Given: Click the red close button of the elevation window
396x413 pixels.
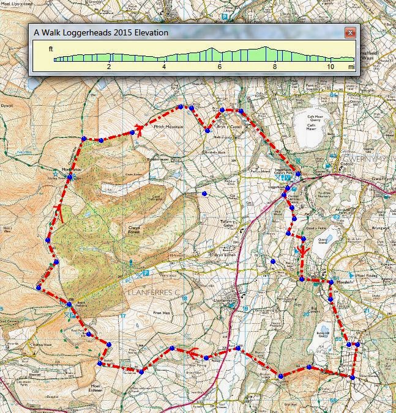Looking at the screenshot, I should [x=350, y=32].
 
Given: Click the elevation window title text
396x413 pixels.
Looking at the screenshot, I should [x=101, y=32].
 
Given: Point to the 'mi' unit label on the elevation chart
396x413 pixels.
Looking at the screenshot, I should [x=351, y=67].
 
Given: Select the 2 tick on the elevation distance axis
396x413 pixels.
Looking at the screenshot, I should [x=109, y=67].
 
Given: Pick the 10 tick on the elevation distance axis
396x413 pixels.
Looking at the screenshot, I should [x=331, y=67].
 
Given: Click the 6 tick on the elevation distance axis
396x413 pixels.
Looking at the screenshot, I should [x=220, y=67].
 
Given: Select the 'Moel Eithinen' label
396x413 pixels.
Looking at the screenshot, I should [x=99, y=389].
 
